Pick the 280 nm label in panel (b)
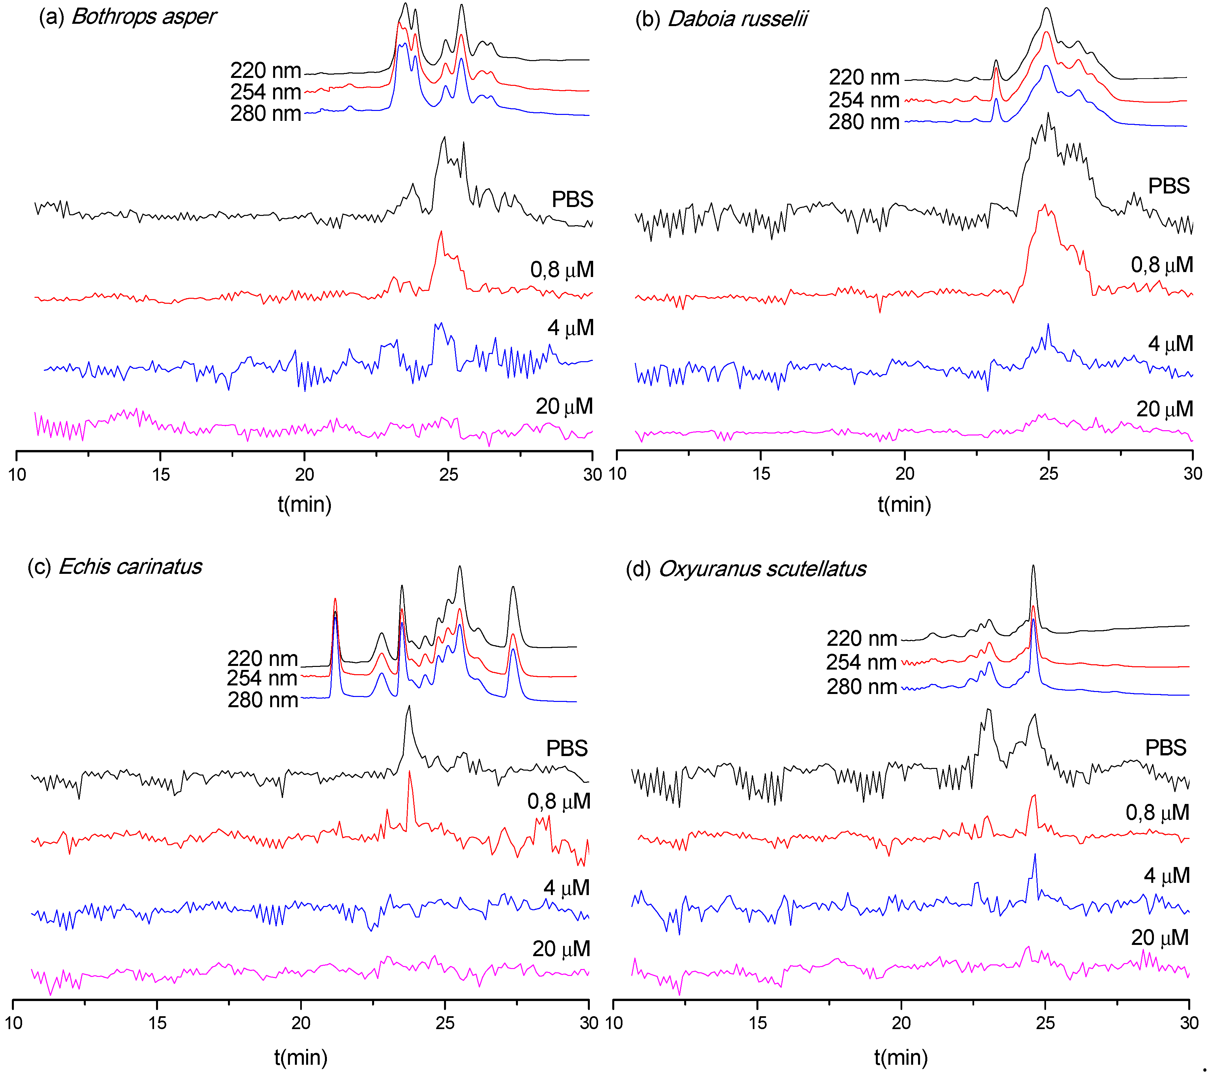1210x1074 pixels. tap(864, 122)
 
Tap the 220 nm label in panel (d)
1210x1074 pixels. tap(861, 639)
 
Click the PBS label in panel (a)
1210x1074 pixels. tap(572, 200)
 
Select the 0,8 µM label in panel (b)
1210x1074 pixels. tap(1162, 265)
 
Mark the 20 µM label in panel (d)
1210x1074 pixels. tap(1159, 938)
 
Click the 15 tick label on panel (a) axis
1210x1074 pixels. tap(160, 474)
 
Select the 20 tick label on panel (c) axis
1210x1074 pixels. tap(301, 1023)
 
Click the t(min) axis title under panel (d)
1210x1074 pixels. tap(900, 1057)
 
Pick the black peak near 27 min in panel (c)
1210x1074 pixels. tap(513, 589)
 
